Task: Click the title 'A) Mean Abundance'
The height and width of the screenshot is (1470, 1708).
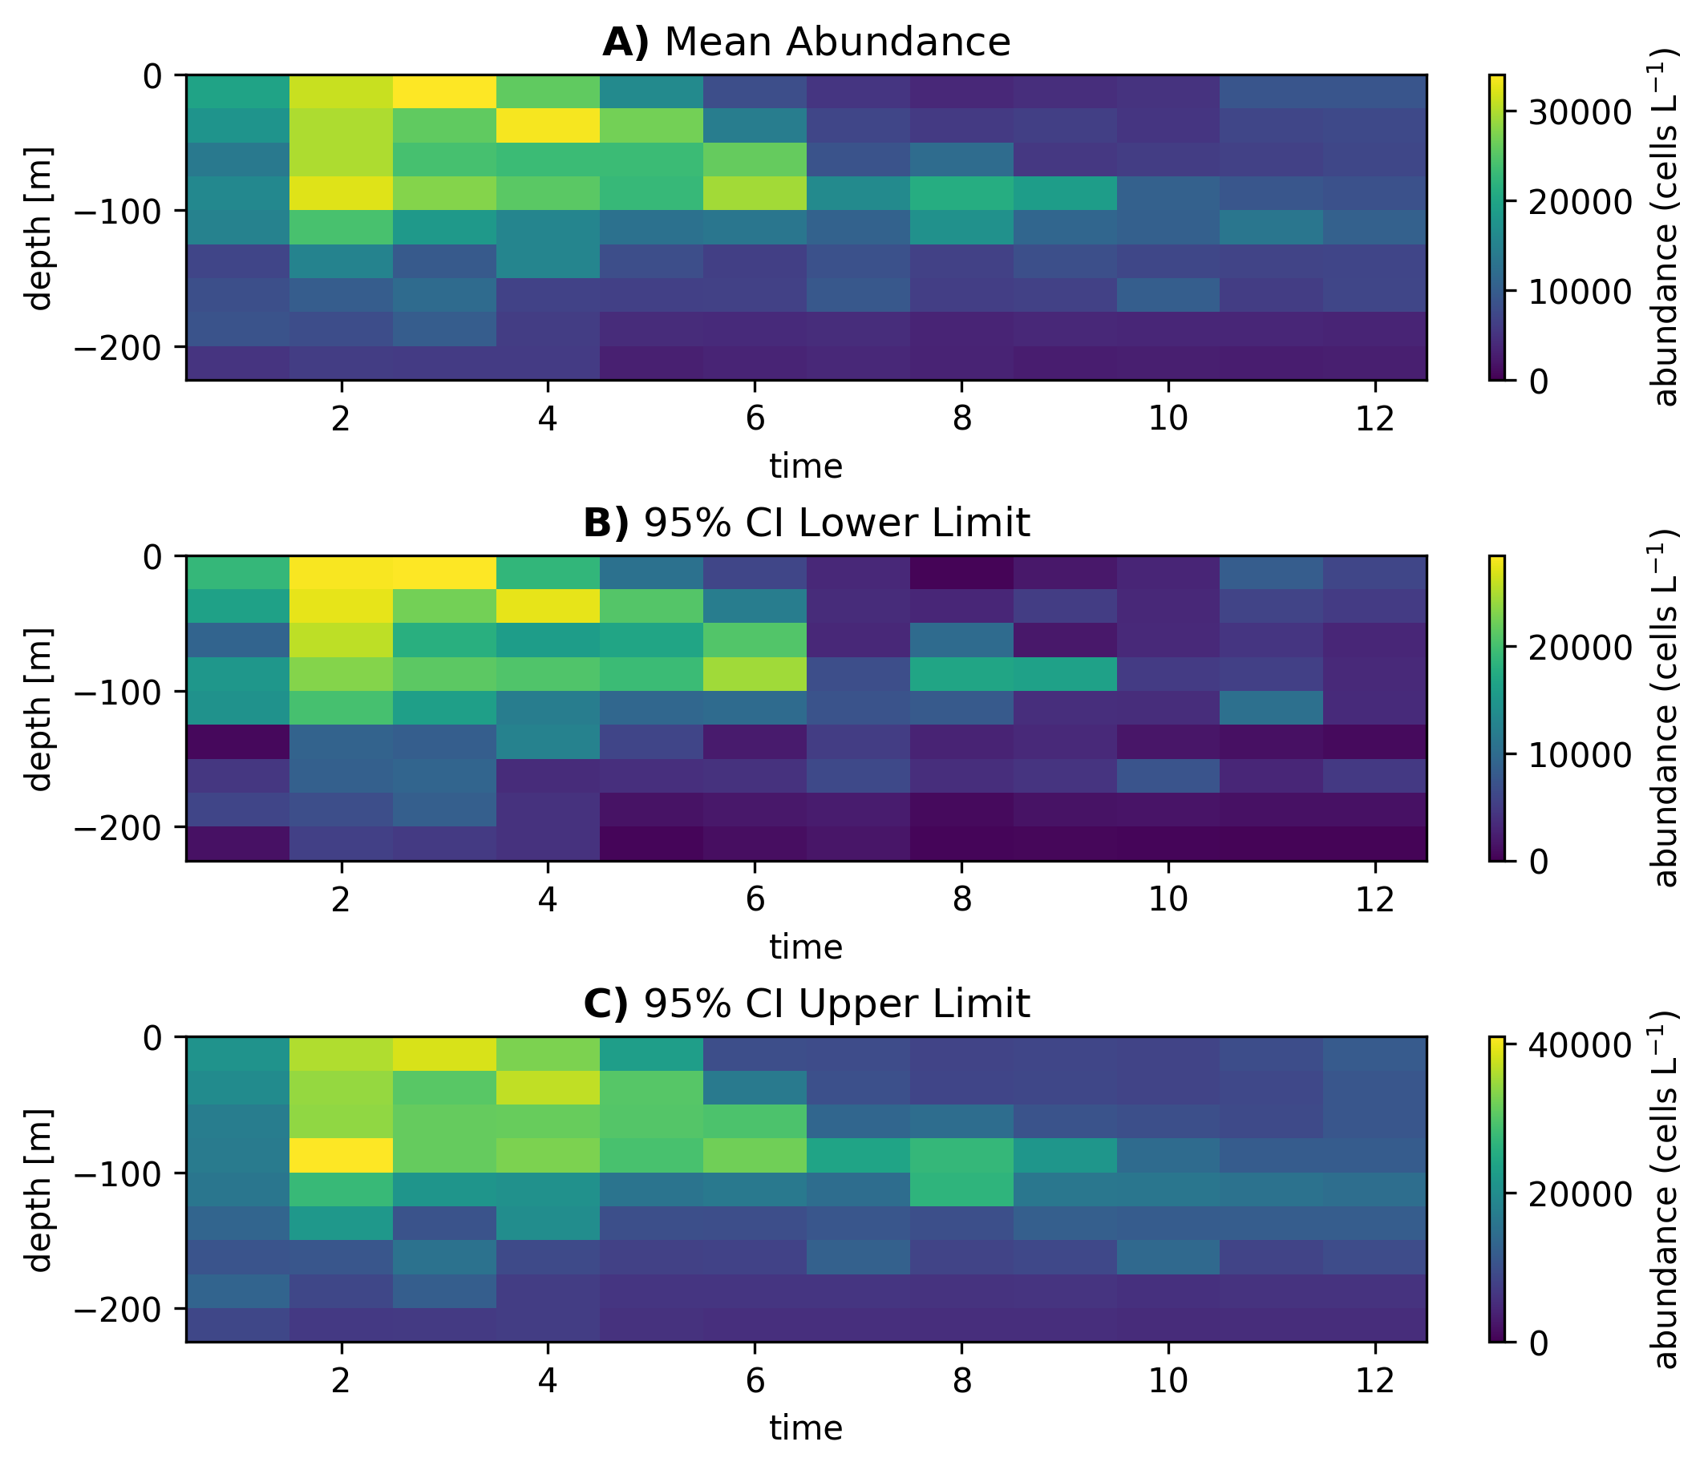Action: (x=806, y=42)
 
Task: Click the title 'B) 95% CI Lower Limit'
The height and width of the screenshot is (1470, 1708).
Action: (x=806, y=523)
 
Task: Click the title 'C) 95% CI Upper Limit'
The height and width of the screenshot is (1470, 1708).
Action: (x=806, y=1004)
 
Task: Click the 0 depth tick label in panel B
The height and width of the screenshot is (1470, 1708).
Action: (x=153, y=557)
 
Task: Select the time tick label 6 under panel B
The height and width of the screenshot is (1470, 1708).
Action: (x=755, y=901)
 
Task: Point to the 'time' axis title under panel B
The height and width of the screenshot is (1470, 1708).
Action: (x=806, y=947)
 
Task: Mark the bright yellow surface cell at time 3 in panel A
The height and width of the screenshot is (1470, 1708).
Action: (x=444, y=91)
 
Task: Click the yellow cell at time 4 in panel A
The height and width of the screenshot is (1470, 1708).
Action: (x=548, y=125)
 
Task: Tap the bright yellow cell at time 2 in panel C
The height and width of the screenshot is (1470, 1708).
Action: (x=341, y=1155)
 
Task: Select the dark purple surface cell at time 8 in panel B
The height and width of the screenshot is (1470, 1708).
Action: (x=961, y=572)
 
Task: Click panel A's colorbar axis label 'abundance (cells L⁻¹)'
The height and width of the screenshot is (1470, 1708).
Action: (x=1666, y=228)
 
